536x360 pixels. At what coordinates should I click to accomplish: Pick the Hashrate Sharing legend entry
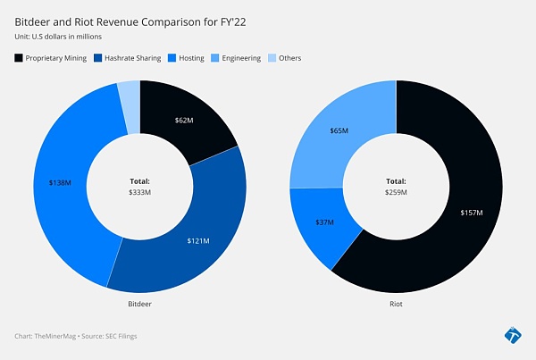click(x=130, y=58)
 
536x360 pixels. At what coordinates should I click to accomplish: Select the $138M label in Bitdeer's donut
click(x=59, y=183)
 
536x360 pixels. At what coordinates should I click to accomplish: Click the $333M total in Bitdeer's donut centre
click(x=140, y=191)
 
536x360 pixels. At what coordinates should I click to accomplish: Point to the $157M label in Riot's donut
click(x=471, y=213)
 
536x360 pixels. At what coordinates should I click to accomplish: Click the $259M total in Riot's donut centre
click(x=396, y=191)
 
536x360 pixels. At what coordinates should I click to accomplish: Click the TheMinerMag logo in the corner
click(x=512, y=335)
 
